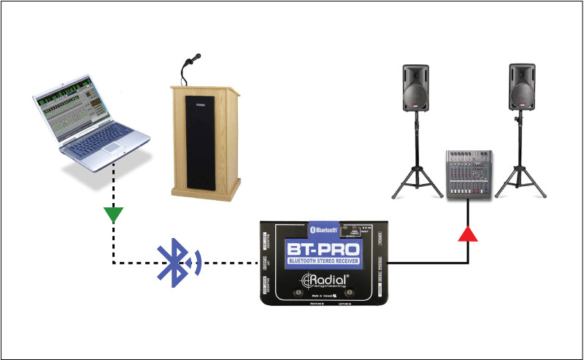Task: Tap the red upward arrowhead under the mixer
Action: click(x=467, y=234)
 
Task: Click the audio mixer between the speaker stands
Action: click(x=470, y=174)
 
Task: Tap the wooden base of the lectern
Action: click(x=205, y=192)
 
